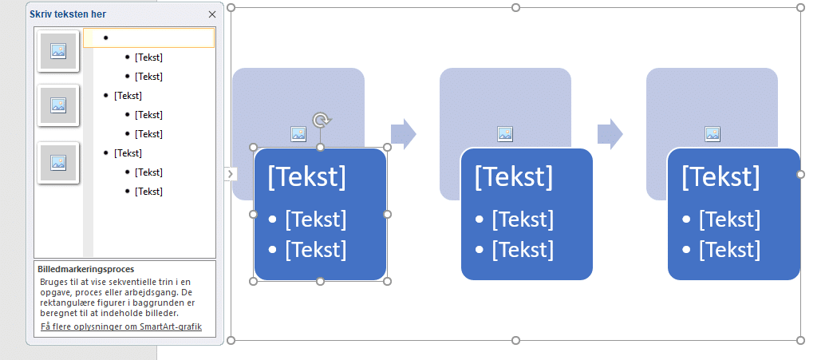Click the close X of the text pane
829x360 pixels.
[211, 14]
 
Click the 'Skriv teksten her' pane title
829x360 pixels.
[68, 14]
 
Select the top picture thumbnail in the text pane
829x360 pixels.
[57, 51]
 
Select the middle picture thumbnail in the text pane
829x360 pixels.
[57, 105]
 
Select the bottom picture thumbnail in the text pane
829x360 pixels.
[57, 162]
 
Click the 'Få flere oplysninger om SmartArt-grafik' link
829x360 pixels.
[121, 326]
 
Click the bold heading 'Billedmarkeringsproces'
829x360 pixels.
[87, 270]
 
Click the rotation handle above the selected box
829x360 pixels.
[321, 120]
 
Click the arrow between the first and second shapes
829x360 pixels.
[404, 134]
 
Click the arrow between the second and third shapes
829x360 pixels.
[610, 134]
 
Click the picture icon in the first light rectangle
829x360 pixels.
[298, 134]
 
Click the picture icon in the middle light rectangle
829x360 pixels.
[505, 134]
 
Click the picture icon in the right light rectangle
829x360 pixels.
[712, 134]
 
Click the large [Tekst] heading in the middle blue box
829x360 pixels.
[513, 176]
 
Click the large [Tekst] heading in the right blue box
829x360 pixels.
[720, 176]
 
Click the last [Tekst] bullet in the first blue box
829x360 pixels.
[316, 249]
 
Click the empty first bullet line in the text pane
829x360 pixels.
[149, 38]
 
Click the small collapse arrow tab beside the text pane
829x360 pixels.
[230, 173]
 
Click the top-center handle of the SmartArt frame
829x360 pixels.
[515, 7]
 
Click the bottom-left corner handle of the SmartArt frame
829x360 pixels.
[231, 341]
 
